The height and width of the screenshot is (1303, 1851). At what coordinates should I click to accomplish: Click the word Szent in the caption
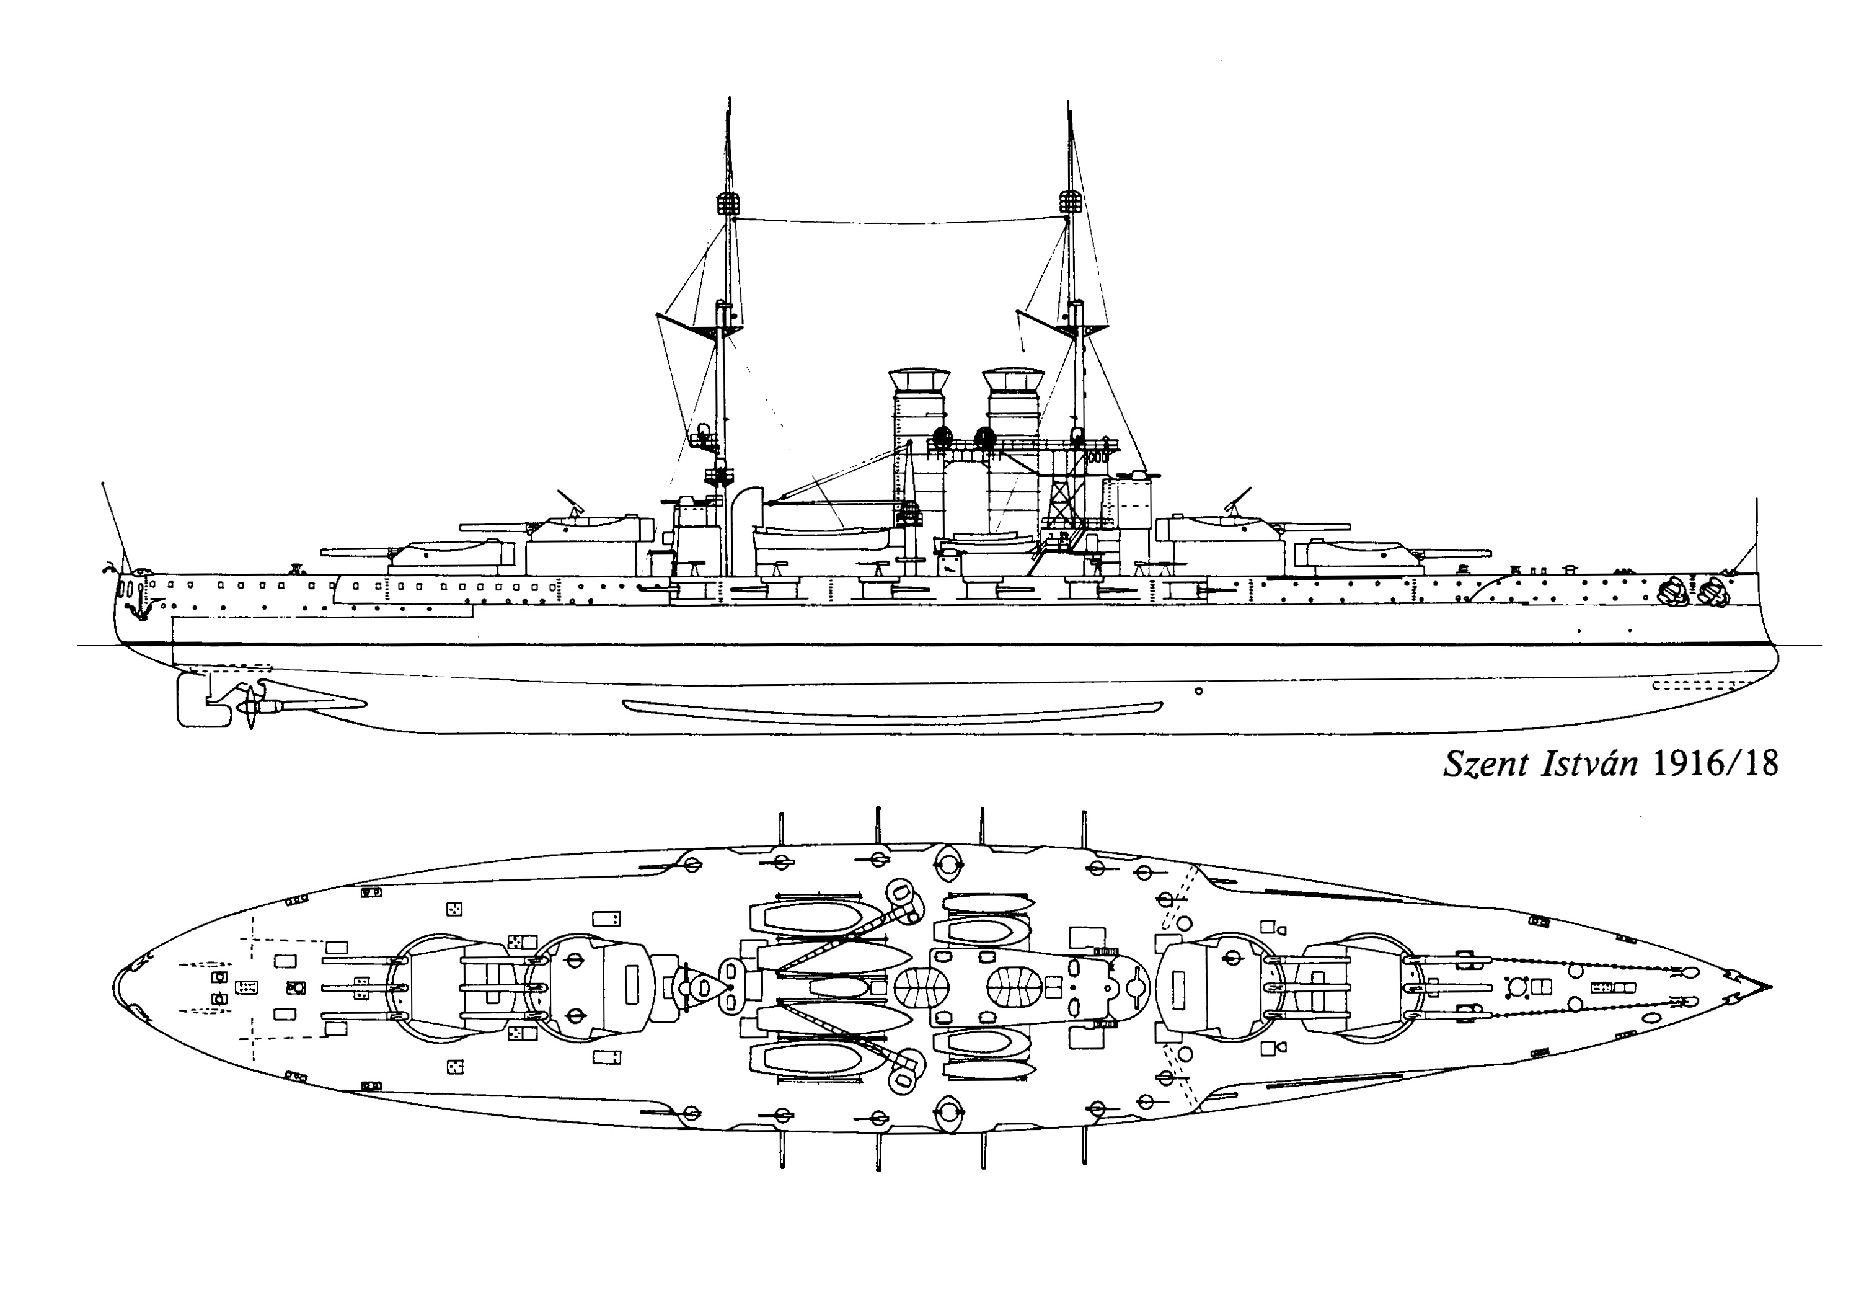(x=1485, y=763)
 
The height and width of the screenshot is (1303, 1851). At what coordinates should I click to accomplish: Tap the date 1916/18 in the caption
(x=1716, y=763)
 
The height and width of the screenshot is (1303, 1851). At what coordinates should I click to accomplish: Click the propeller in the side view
(x=250, y=707)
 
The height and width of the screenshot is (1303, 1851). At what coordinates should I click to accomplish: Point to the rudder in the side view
(x=192, y=701)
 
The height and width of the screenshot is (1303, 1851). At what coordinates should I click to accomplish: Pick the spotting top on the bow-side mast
(x=1070, y=202)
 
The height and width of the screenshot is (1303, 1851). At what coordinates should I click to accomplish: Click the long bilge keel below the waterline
(x=893, y=708)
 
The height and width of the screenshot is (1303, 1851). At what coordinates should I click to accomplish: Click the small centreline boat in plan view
(x=839, y=987)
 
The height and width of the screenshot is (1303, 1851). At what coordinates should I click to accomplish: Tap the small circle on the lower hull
(x=1199, y=691)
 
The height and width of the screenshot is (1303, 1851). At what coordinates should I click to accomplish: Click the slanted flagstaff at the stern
(x=113, y=524)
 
